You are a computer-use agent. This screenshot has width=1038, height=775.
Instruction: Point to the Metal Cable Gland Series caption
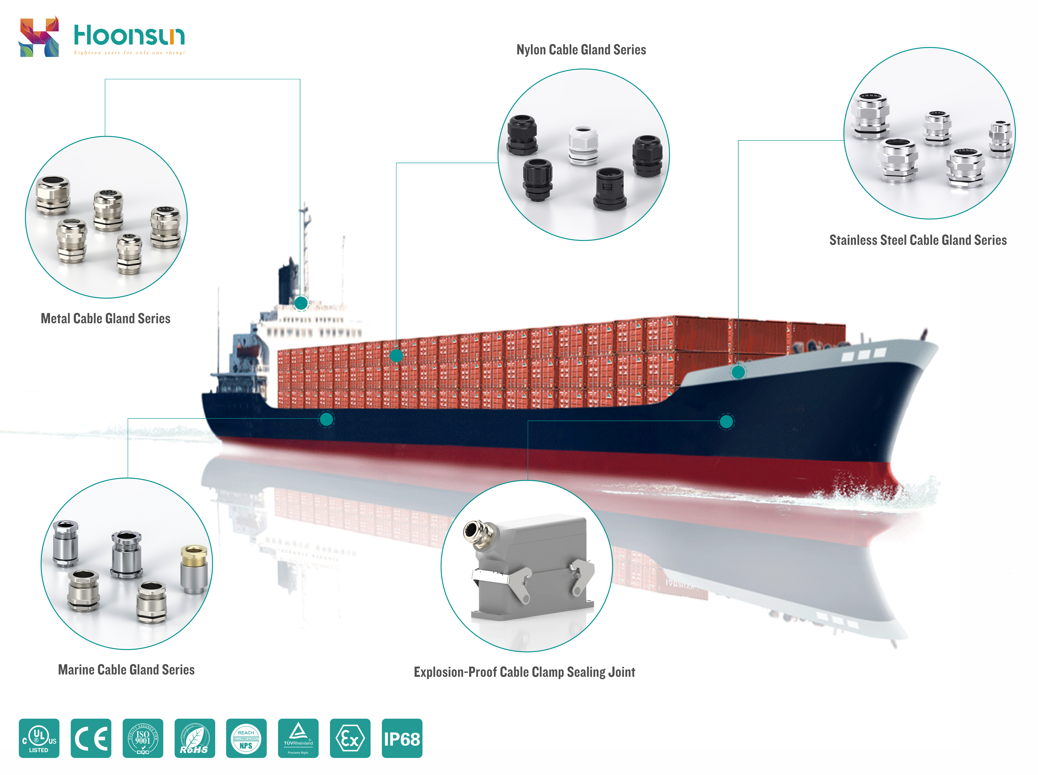click(105, 319)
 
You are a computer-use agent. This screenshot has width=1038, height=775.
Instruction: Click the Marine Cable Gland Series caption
click(126, 670)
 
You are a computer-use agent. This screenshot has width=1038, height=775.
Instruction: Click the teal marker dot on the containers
click(396, 356)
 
